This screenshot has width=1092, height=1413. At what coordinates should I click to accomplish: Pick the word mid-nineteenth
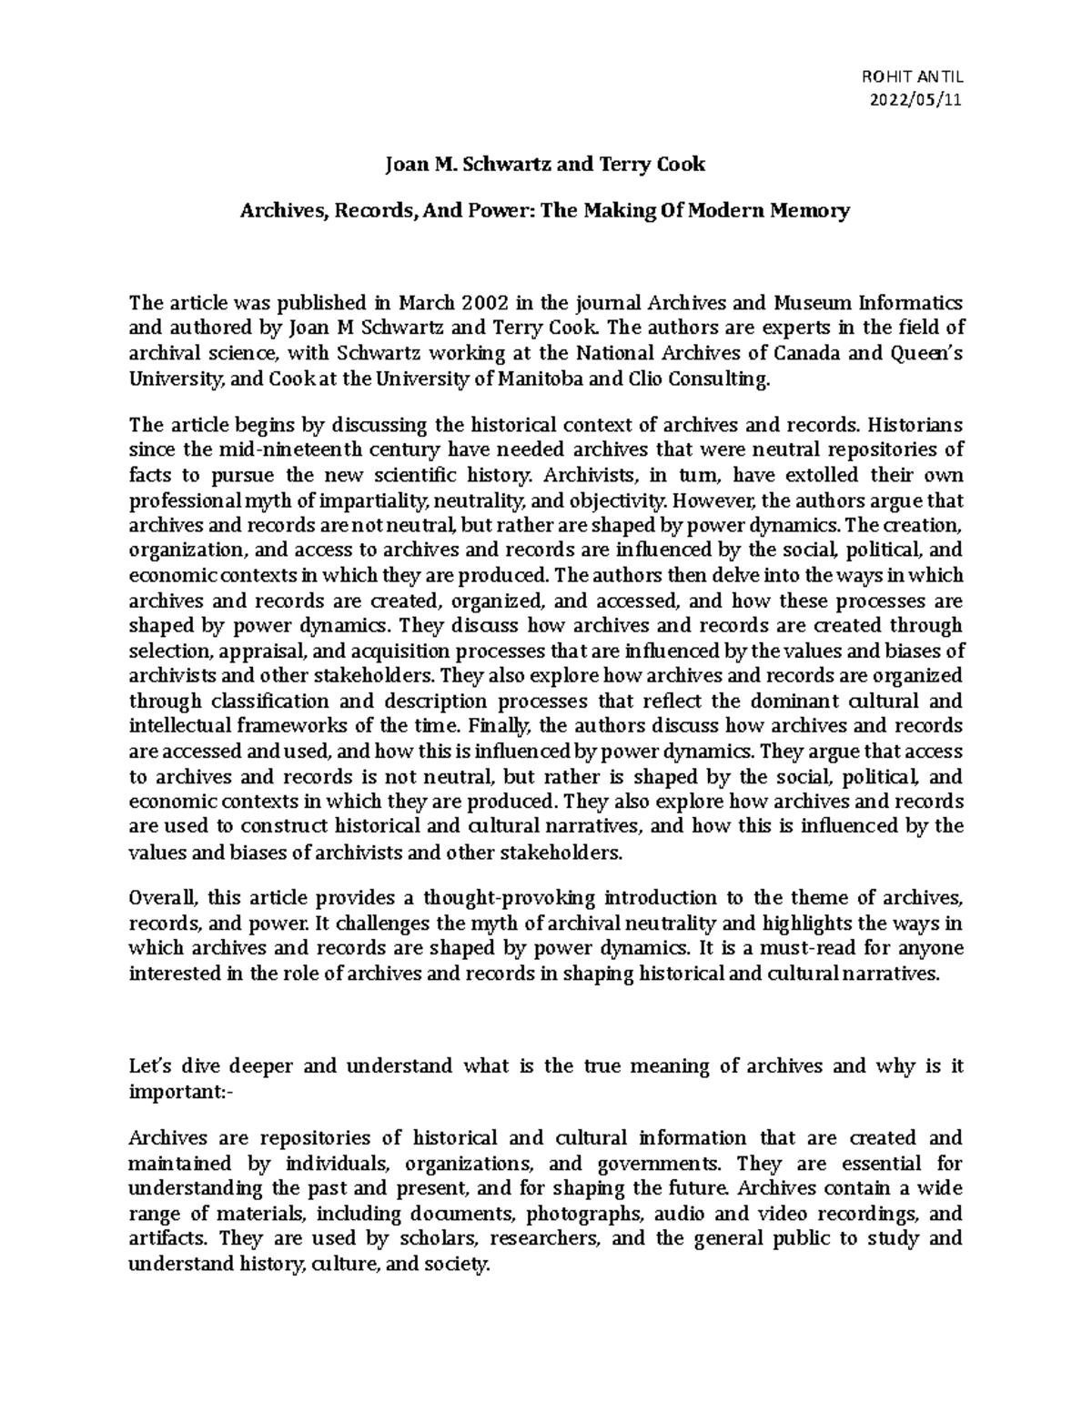click(244, 449)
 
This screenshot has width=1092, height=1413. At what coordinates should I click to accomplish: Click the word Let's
click(149, 1066)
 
